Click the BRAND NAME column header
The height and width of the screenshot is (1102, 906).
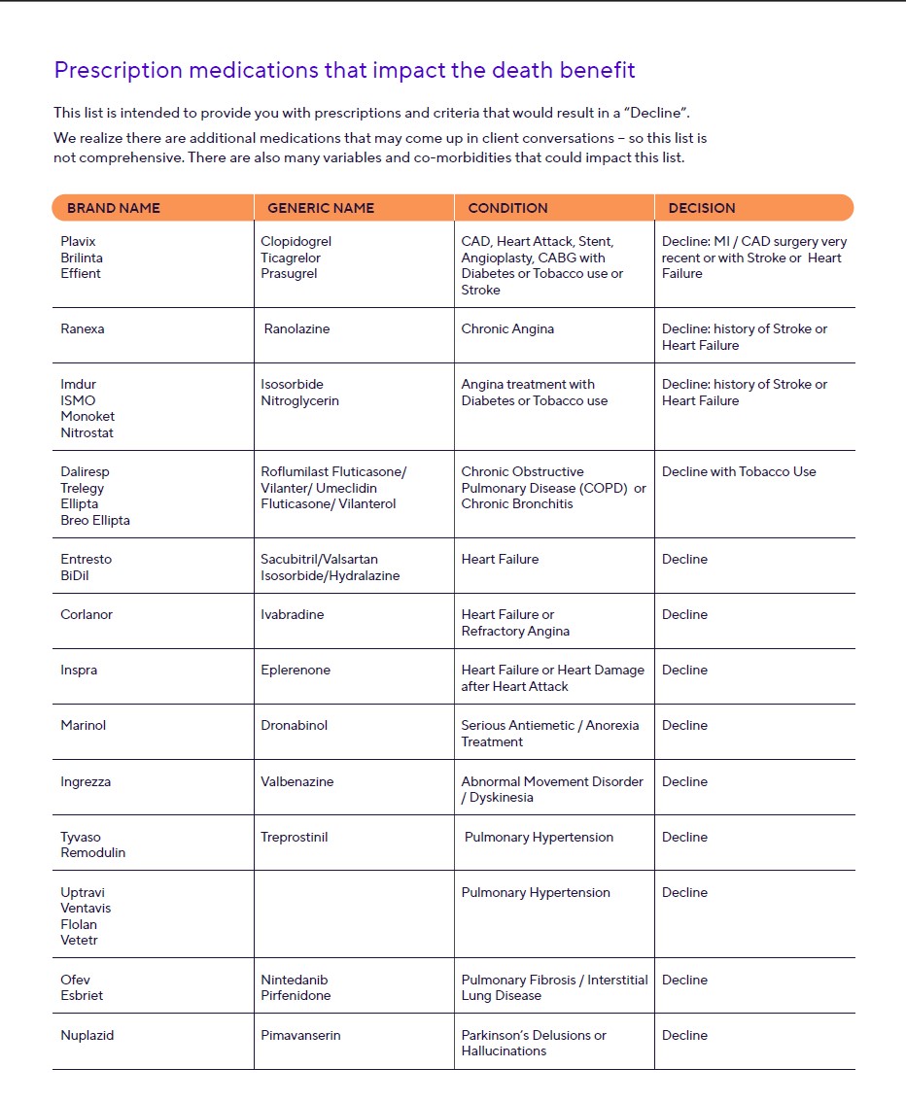tap(114, 208)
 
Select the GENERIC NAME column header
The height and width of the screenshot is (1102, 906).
tap(321, 208)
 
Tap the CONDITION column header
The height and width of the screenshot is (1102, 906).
tap(507, 208)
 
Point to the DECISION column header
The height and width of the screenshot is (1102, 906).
tap(702, 208)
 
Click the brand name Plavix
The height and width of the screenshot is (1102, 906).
tap(79, 241)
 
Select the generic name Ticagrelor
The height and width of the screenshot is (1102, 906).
tap(291, 258)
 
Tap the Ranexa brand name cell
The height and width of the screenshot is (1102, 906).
tap(83, 328)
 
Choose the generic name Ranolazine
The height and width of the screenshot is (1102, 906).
tap(296, 328)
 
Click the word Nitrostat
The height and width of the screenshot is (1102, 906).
tap(87, 432)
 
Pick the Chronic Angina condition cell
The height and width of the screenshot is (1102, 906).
tap(507, 328)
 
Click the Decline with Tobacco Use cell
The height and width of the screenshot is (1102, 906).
tap(739, 471)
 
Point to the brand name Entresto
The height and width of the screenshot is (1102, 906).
tap(87, 559)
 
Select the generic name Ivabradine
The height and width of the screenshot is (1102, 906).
tap(293, 614)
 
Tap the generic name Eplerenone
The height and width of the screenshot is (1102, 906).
tap(296, 670)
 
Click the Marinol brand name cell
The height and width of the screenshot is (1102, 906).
tap(84, 725)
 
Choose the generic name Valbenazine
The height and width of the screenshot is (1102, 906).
tap(296, 781)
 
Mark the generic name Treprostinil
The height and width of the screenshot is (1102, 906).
tap(295, 837)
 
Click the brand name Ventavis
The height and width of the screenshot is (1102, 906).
tap(87, 908)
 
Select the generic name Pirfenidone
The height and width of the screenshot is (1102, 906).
tap(296, 995)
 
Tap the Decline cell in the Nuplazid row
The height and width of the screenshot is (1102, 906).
tap(684, 1035)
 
